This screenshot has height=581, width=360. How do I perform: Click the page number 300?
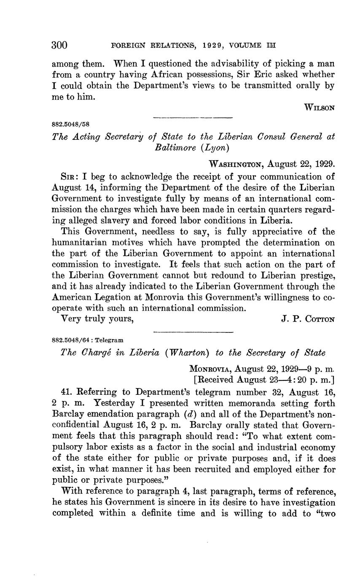59,45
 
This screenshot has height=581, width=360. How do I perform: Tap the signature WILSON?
320,107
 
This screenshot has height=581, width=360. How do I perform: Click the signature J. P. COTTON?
308,319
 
